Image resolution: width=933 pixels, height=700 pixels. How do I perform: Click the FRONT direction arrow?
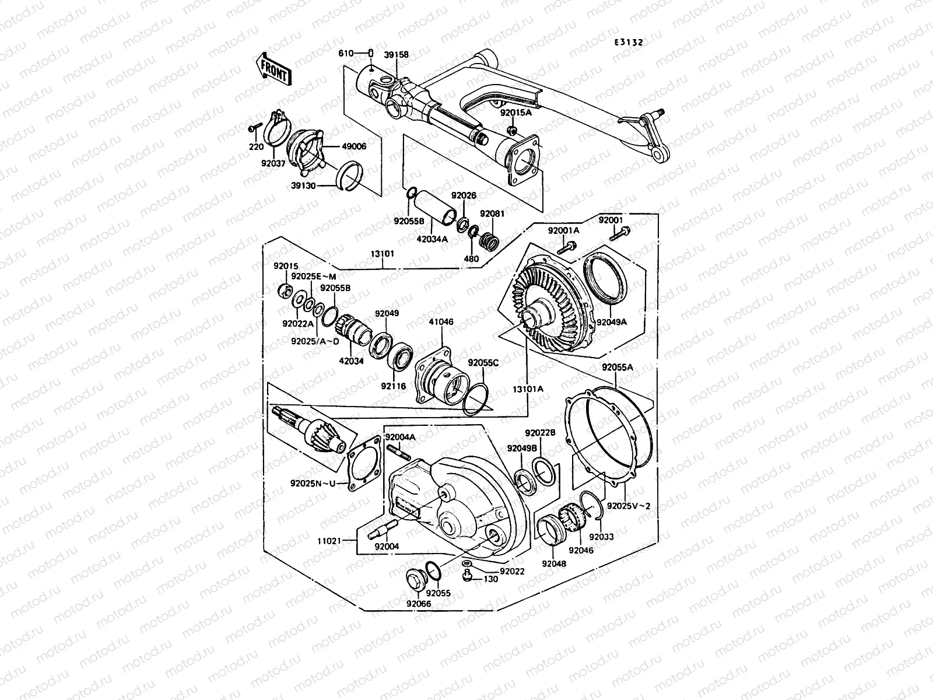(273, 69)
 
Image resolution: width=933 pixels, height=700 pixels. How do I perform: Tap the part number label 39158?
(396, 55)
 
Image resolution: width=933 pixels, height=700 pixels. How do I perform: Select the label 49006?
(355, 146)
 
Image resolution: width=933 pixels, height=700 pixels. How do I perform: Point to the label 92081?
(492, 214)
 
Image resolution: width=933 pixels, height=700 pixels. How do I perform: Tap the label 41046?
(441, 321)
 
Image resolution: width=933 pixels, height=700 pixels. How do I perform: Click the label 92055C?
(483, 362)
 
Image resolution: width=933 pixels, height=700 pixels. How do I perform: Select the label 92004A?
(399, 436)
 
